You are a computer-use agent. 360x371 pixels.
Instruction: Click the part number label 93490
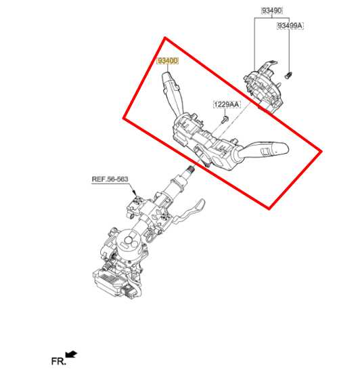point(272,11)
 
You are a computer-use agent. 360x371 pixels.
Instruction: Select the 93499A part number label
point(290,26)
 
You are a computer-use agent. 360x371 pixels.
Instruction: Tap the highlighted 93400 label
point(167,61)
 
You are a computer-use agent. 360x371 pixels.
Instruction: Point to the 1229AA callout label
point(227,104)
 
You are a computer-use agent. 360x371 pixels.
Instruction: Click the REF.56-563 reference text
point(110,179)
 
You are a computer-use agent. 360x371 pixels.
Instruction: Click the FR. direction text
point(58,362)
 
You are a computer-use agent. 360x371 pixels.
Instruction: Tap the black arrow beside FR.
point(71,354)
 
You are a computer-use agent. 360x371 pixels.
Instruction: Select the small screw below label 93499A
point(288,75)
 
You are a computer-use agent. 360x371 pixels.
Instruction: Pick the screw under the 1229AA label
point(225,119)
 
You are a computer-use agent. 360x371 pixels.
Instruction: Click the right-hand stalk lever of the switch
point(263,150)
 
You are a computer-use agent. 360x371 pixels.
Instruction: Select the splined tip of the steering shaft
point(190,170)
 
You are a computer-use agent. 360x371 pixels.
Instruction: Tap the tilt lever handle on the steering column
point(189,211)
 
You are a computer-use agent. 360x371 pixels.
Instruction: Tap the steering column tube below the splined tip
point(176,187)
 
